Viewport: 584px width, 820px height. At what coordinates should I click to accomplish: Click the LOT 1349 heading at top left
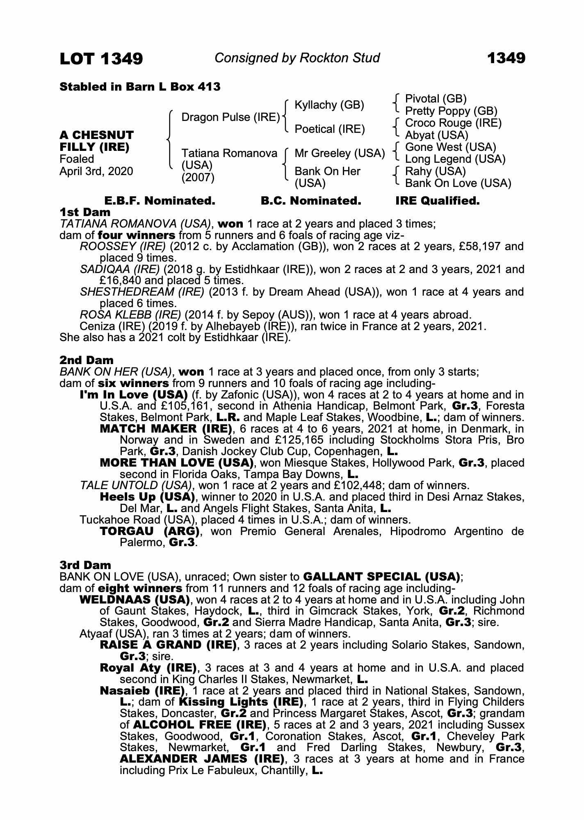pos(101,59)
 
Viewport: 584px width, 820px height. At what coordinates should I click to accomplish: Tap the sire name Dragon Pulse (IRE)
pos(230,117)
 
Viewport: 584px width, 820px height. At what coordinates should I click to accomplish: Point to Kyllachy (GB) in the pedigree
pos(329,105)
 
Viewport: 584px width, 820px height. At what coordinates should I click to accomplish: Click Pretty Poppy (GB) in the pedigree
pos(451,111)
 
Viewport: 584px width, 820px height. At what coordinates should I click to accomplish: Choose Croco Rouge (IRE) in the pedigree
pos(453,123)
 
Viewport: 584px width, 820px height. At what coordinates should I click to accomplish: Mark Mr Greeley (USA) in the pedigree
pos(340,153)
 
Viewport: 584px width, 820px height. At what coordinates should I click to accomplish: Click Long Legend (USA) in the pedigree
pos(455,159)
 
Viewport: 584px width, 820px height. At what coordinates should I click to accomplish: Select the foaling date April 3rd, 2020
pos(96,171)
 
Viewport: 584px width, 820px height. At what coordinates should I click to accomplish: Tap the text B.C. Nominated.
pos(311,201)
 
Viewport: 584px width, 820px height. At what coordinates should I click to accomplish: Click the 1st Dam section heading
pos(85,212)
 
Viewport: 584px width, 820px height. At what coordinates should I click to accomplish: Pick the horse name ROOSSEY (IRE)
pos(123,246)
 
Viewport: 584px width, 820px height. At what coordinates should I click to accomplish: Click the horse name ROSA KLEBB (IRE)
pos(130,315)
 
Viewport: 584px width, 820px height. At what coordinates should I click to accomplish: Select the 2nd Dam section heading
pos(87,360)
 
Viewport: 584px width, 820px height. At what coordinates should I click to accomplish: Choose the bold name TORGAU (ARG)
pos(150,532)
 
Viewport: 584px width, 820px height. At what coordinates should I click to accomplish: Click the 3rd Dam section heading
pos(85,565)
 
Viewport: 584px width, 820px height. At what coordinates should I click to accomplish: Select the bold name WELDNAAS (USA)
pos(134,600)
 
